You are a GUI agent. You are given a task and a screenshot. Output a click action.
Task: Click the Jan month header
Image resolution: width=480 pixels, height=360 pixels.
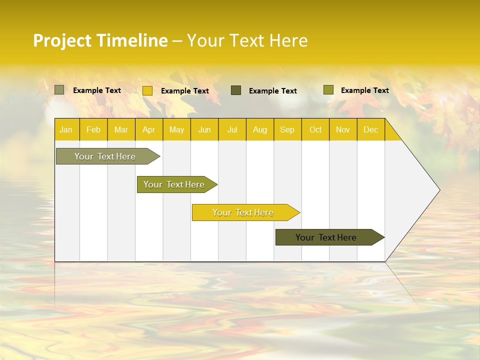[x=66, y=130]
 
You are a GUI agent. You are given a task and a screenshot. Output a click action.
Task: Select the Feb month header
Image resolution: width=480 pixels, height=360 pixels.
[x=93, y=130]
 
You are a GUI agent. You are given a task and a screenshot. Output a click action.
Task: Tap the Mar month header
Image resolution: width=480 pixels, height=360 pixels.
[x=121, y=130]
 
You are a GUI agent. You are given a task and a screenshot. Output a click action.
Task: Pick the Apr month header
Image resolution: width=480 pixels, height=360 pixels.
[x=148, y=130]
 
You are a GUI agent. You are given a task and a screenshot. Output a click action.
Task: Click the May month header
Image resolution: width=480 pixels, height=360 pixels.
[x=176, y=130]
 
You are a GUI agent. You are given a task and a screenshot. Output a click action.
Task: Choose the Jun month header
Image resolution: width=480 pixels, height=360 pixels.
[x=204, y=130]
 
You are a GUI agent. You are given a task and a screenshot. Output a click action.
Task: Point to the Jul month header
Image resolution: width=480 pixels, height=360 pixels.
[x=232, y=130]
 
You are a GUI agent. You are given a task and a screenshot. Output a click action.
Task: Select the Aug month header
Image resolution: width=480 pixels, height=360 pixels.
[x=260, y=130]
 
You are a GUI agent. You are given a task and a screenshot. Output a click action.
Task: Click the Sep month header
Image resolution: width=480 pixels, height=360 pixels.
[x=287, y=130]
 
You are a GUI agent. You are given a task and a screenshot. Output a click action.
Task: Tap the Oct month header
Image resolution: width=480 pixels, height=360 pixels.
[x=315, y=130]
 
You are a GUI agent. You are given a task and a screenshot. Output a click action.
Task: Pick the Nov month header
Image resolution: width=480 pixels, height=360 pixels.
[x=343, y=130]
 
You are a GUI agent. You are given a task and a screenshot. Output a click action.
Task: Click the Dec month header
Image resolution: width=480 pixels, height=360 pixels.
[x=370, y=130]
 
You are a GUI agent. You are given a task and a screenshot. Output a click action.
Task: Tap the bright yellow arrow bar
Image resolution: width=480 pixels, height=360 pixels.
[x=243, y=212]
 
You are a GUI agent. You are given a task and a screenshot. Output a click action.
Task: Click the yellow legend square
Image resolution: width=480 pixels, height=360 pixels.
[x=147, y=90]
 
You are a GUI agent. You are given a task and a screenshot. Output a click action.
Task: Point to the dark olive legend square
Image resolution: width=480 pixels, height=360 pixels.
[x=236, y=90]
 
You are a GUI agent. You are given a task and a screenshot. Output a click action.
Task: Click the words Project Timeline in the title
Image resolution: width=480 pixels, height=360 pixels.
[x=100, y=40]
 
